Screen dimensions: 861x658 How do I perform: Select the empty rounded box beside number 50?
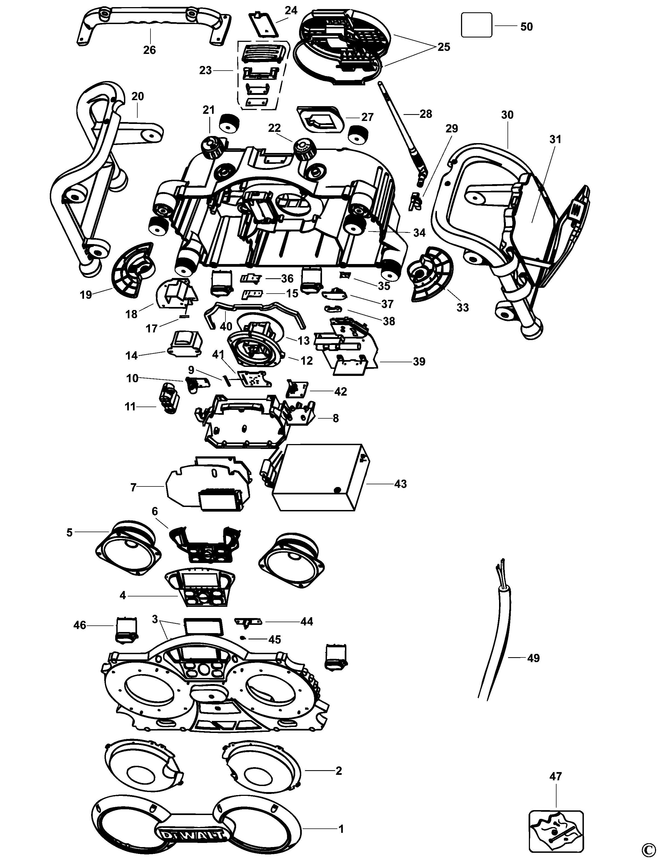point(476,25)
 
